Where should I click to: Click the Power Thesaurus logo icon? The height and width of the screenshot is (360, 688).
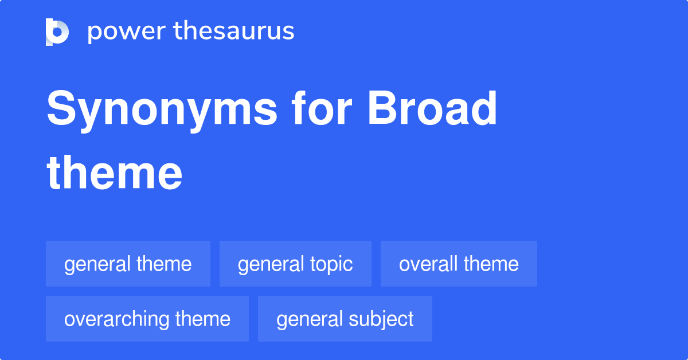(x=57, y=32)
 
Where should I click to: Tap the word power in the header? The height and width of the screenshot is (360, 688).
(x=126, y=32)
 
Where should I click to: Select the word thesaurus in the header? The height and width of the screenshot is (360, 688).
(x=234, y=32)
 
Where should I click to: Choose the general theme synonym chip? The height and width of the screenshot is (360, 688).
(x=128, y=264)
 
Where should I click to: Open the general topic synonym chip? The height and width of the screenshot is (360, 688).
(x=295, y=264)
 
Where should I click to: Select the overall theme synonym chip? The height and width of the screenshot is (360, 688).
(x=459, y=264)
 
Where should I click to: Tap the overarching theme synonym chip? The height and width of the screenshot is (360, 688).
(x=147, y=319)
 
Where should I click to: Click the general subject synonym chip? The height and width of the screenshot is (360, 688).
(x=345, y=319)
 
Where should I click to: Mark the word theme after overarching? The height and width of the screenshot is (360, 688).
(x=204, y=319)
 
